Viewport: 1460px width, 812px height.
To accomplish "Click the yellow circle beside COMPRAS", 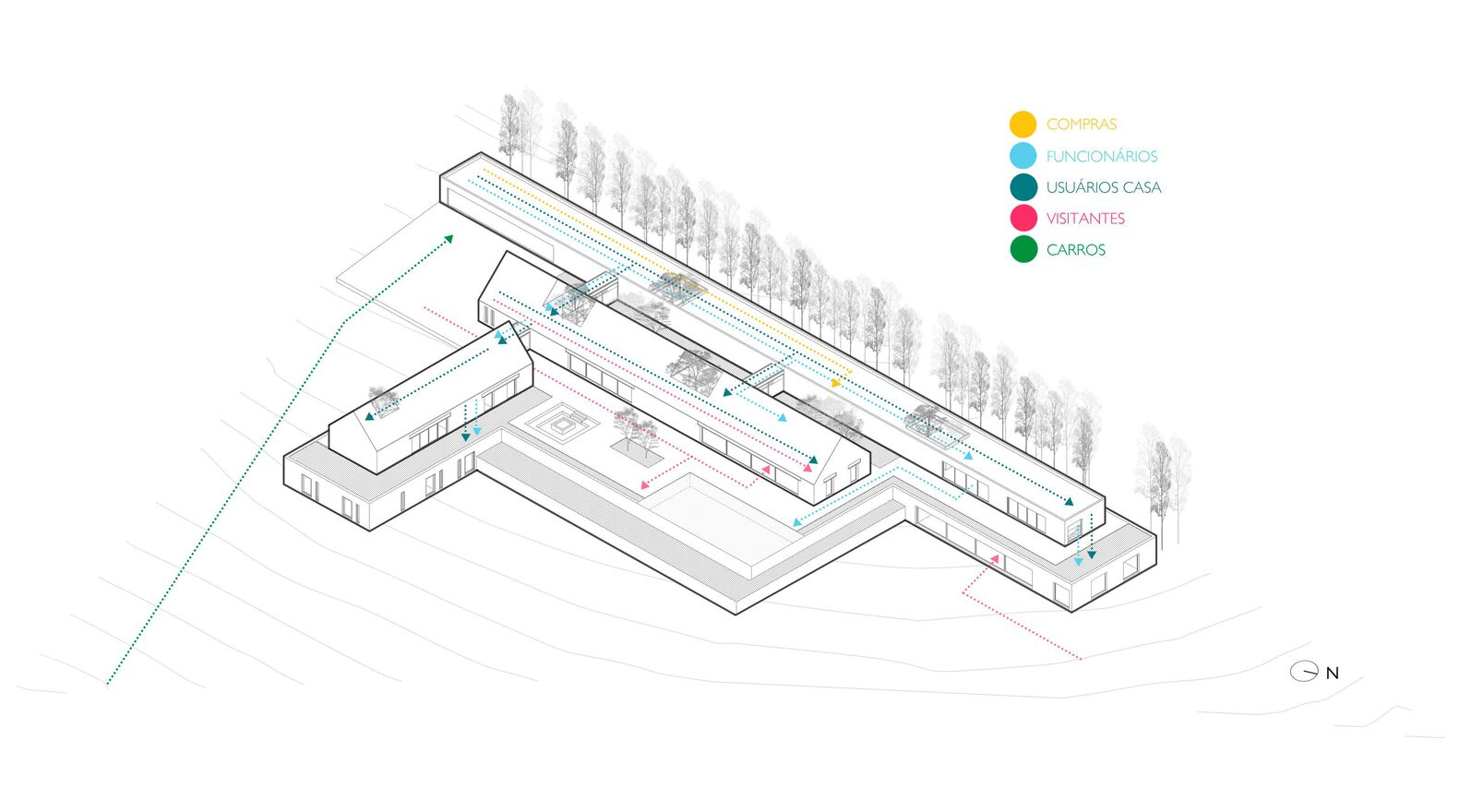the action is click(1023, 125).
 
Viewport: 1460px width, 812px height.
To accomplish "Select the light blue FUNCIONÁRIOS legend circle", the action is click(1023, 156).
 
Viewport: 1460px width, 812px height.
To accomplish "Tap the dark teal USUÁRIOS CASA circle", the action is click(1023, 187).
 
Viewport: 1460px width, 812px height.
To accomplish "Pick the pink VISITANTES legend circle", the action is click(1023, 218).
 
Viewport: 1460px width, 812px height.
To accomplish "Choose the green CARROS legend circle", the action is click(1023, 249).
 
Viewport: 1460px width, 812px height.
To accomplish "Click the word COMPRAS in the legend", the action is click(1082, 125).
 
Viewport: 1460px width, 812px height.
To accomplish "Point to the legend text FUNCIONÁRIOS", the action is click(1102, 156).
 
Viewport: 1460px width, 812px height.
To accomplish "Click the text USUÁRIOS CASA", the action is click(1104, 187).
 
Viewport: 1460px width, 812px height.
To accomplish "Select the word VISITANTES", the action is click(1085, 219).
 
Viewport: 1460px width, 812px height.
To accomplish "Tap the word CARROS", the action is click(1075, 249).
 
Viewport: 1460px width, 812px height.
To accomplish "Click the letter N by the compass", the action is click(1333, 674).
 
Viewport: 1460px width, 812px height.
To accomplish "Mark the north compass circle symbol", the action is click(1304, 672).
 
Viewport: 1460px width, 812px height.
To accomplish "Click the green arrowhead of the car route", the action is click(448, 239).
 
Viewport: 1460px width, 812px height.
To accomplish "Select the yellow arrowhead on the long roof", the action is click(837, 383).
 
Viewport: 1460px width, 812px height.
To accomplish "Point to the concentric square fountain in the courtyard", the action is click(561, 424).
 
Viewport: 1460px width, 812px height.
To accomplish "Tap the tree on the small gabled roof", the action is click(383, 399).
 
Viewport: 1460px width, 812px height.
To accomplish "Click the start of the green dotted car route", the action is click(107, 685).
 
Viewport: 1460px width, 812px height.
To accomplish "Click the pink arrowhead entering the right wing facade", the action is click(995, 558).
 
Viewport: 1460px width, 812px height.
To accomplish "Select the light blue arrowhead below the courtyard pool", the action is click(796, 522).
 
